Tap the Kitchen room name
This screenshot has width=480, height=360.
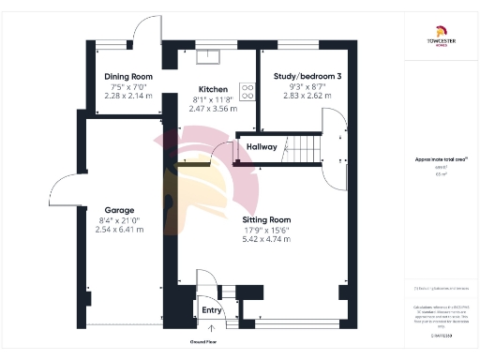209,89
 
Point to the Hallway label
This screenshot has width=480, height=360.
262,147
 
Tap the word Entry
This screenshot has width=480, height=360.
211,309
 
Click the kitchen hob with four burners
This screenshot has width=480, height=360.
247,91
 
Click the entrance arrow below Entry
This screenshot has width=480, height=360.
211,328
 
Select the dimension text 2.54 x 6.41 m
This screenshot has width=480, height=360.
119,230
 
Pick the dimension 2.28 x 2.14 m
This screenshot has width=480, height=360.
128,97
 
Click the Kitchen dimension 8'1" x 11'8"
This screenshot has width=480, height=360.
209,98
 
